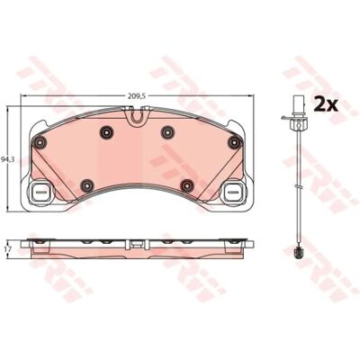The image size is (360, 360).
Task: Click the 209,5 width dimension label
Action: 137,96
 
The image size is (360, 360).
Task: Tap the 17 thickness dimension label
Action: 9,249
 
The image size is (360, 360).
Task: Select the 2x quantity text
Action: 326,104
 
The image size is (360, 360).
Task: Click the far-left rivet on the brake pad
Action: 40,142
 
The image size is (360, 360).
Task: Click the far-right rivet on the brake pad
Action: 234,142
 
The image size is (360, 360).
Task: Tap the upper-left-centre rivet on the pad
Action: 106,132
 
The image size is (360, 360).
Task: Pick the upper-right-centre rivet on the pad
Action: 167,132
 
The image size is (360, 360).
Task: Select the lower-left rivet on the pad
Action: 87,186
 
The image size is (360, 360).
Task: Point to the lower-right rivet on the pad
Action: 186,186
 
